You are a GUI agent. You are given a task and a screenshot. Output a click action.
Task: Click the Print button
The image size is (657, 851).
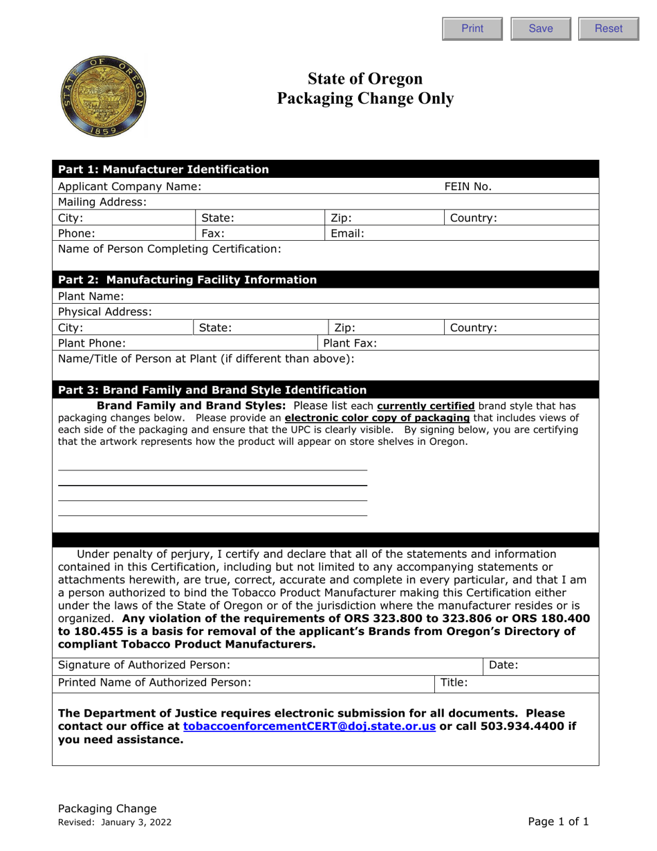(x=472, y=28)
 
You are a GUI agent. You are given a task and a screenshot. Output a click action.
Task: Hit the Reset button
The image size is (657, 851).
(x=608, y=28)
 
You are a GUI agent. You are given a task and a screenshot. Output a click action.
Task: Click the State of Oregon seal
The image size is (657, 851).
(x=104, y=97)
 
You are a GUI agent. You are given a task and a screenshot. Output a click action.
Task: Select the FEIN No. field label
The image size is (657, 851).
(x=468, y=186)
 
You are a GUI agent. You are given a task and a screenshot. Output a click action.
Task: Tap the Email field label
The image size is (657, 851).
(x=348, y=233)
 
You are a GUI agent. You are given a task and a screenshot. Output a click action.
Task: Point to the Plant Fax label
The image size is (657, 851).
(x=350, y=342)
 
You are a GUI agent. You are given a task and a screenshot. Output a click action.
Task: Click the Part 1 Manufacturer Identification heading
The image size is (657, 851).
(x=163, y=170)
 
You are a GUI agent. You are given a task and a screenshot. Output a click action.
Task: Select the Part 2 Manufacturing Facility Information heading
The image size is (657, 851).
(x=187, y=280)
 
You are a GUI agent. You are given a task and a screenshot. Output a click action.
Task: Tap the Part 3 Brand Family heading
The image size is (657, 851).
(x=212, y=390)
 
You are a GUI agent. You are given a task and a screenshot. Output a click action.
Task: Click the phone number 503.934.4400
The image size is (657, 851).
(x=506, y=726)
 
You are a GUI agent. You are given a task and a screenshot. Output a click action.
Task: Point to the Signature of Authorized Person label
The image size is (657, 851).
(x=144, y=666)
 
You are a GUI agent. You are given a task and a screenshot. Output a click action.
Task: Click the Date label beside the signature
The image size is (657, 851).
(x=503, y=666)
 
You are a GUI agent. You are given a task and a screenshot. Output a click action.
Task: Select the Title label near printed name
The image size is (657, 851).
(x=454, y=682)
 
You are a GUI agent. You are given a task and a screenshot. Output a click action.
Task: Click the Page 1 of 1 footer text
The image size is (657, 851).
(x=558, y=822)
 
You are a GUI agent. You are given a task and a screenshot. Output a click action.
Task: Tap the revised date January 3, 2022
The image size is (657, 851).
(x=136, y=823)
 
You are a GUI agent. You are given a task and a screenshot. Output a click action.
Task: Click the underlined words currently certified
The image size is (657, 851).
(x=425, y=405)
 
